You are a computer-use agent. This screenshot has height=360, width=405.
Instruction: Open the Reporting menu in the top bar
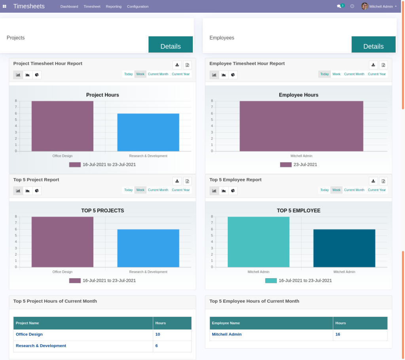point(114,6)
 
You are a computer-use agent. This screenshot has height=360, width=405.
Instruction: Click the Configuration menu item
point(138,6)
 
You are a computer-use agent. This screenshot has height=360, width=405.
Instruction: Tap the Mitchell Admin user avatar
point(364,6)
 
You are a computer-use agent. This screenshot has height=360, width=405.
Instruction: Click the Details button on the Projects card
point(170,45)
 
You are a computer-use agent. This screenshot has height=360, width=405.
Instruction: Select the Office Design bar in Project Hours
point(62,126)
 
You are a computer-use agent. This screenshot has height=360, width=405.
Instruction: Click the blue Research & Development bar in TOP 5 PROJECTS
point(148,248)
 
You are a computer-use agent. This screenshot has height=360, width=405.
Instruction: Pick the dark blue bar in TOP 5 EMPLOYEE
point(344,248)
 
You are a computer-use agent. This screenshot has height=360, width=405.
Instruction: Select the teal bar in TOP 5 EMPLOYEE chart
point(258,242)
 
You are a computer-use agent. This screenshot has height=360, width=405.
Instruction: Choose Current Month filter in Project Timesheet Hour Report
point(158,74)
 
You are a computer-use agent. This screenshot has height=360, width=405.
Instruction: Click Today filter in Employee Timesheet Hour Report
point(324,74)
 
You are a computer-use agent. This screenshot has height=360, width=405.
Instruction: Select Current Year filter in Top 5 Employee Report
point(377,190)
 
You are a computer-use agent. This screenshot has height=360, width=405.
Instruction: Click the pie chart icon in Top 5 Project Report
point(37,191)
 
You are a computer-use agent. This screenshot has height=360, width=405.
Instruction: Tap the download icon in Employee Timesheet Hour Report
point(373,65)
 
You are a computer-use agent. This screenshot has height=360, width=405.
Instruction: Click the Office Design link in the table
point(29,334)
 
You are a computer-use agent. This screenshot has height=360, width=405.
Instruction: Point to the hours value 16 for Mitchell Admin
point(338,334)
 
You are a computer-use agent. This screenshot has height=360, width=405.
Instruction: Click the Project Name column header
point(27,323)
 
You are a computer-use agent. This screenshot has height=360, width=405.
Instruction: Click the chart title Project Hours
point(102,95)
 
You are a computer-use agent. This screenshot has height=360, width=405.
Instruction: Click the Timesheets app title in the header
point(29,6)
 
